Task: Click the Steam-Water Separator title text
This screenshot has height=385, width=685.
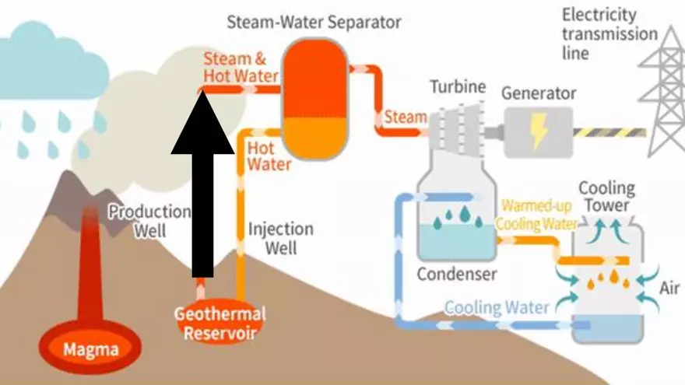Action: coord(314,21)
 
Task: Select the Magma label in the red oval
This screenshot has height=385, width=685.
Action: coord(91,349)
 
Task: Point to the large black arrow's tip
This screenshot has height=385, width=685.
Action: coord(202,95)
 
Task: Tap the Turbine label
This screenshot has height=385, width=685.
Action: coord(457,86)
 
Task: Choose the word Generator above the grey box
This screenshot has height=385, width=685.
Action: coord(539,94)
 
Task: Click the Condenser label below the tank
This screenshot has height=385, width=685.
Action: coord(457,274)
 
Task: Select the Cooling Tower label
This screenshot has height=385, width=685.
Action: coord(606,197)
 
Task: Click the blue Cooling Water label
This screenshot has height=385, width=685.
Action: coord(497,307)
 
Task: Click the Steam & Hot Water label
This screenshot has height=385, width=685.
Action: coord(241,67)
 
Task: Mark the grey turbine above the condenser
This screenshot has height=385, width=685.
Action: coord(455,128)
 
